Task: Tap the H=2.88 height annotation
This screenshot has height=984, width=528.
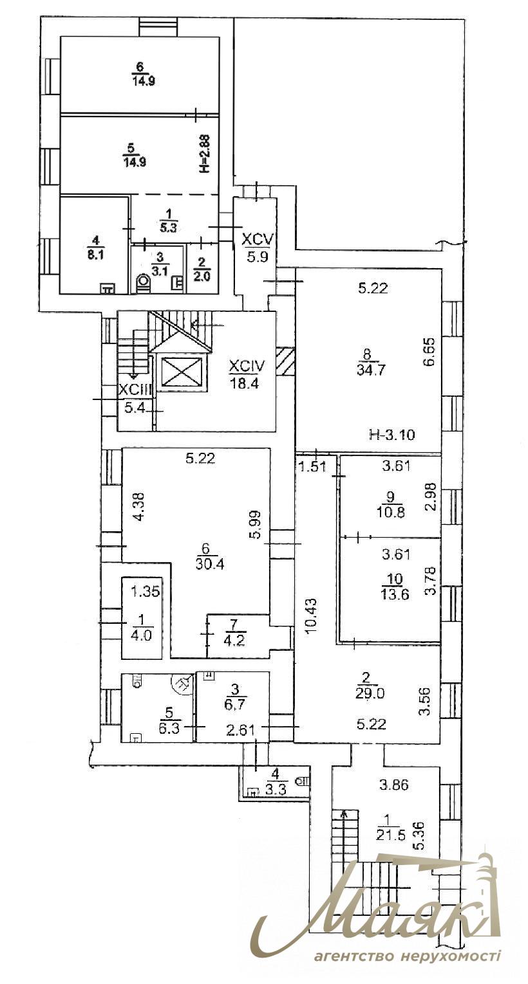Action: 205,154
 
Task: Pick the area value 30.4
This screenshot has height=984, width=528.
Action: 210,564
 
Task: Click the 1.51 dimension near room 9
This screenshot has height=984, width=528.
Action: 312,466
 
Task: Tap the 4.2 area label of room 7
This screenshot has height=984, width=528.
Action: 234,640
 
